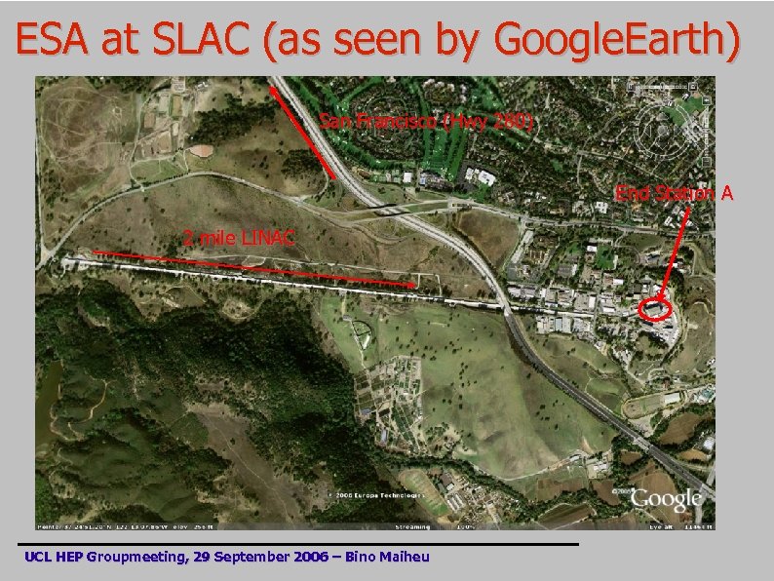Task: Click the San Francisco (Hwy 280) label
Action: [x=426, y=121]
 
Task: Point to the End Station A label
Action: [x=674, y=193]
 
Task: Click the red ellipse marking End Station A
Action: [x=656, y=310]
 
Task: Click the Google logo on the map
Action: [x=666, y=500]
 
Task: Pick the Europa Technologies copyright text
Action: [x=375, y=495]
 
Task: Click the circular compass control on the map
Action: [x=667, y=125]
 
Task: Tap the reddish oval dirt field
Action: [x=200, y=151]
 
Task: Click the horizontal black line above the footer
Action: [x=297, y=543]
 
